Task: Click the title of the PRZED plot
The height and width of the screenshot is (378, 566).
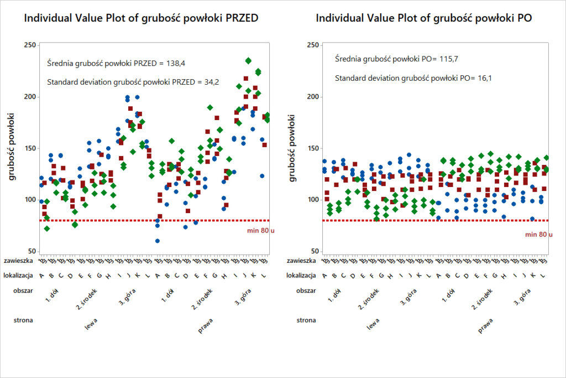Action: (x=141, y=18)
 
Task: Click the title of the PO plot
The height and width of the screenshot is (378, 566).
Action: (x=424, y=18)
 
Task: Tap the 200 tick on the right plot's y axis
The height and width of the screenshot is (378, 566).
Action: (x=312, y=97)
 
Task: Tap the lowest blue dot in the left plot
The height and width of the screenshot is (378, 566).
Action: (x=158, y=241)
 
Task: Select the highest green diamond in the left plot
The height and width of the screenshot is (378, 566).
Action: (x=248, y=61)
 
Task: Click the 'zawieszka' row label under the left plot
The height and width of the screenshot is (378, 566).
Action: (x=18, y=260)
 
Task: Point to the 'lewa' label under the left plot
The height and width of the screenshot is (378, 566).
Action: (x=91, y=325)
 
